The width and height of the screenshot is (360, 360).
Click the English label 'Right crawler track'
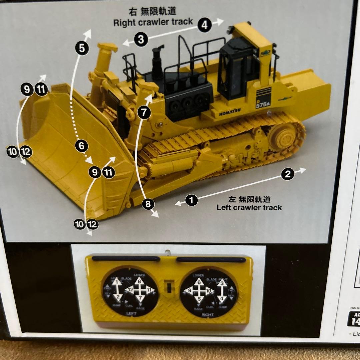pyautogui.click(x=153, y=22)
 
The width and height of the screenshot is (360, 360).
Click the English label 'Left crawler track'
pyautogui.click(x=249, y=207)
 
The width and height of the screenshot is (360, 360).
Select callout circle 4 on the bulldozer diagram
pyautogui.click(x=204, y=25)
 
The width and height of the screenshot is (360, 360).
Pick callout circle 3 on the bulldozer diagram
pyautogui.click(x=141, y=40)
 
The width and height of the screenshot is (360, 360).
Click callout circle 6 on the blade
pyautogui.click(x=82, y=146)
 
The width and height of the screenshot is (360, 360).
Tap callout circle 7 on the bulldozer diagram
pyautogui.click(x=144, y=113)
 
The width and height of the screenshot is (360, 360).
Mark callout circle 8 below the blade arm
pyautogui.click(x=148, y=204)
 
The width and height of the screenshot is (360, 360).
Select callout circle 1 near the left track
pyautogui.click(x=191, y=200)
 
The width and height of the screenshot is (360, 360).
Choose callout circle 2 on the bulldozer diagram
pyautogui.click(x=288, y=174)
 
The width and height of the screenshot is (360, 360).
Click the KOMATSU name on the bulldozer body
pyautogui.click(x=230, y=112)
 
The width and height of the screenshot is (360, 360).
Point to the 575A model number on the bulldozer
pyautogui.click(x=262, y=104)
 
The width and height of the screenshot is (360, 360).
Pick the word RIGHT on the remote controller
pyautogui.click(x=208, y=314)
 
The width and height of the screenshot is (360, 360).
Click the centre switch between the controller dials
pyautogui.click(x=168, y=287)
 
